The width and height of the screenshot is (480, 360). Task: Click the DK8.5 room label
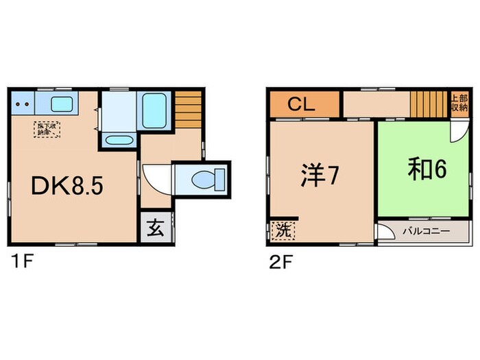pos(67,186)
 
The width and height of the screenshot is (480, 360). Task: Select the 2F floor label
pos(278,261)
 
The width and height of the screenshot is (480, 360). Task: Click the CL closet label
pos(300,105)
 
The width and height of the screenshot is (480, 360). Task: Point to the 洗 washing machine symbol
pos(282,231)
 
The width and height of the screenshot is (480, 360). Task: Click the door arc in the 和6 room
pos(457,130)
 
